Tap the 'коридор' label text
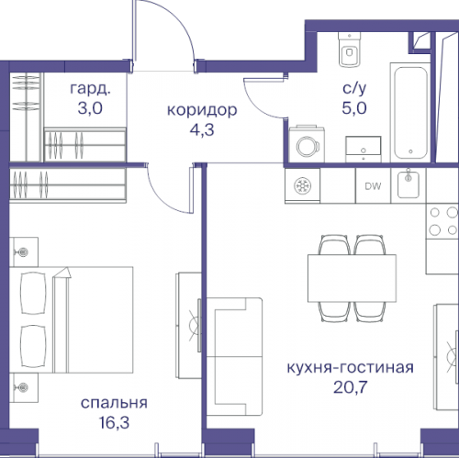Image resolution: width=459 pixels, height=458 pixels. [x=201, y=110]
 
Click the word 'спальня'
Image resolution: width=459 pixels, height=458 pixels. [x=115, y=402]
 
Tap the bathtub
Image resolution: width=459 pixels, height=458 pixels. [x=409, y=111]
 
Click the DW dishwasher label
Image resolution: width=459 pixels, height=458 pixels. [x=373, y=187]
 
